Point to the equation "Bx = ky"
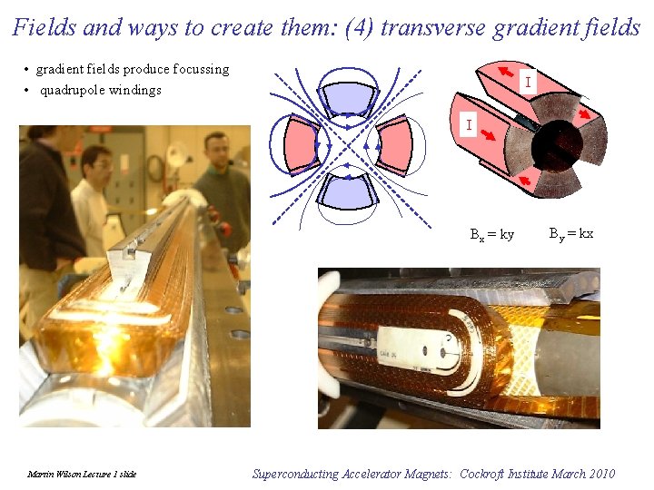pos(491,234)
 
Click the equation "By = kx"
pos(571,233)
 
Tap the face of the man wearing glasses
pos(95,163)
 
